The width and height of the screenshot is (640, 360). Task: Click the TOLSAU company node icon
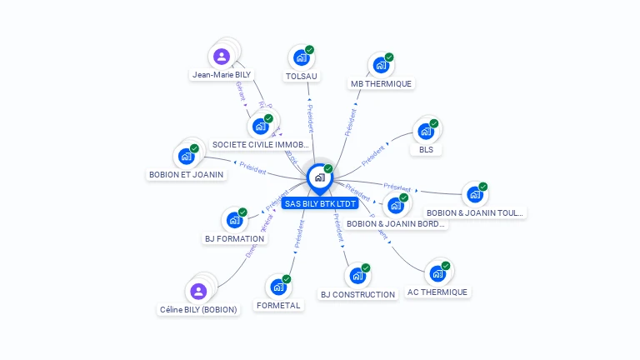point(300,58)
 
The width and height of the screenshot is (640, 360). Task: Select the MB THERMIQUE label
point(381,83)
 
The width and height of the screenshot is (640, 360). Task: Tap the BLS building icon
point(426,132)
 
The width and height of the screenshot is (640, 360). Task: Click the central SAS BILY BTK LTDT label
point(320,203)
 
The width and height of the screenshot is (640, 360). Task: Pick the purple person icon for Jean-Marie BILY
point(221,57)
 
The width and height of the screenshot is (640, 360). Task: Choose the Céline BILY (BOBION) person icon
point(198,291)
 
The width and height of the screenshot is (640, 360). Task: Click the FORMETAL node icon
point(277,287)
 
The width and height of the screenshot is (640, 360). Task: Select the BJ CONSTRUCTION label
point(357,294)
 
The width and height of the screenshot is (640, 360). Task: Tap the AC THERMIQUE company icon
point(437,273)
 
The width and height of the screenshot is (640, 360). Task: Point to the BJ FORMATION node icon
point(233,221)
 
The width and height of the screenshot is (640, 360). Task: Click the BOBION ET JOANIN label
point(186,175)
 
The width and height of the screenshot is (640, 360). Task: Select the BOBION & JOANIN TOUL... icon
point(474,195)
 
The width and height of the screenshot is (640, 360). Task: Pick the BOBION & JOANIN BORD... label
point(396,223)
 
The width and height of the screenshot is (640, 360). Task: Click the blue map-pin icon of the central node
point(319,178)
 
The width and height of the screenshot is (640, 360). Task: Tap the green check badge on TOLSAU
point(309,50)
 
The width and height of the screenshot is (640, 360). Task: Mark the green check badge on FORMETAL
point(287,278)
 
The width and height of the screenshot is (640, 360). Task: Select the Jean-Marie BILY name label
point(221,74)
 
